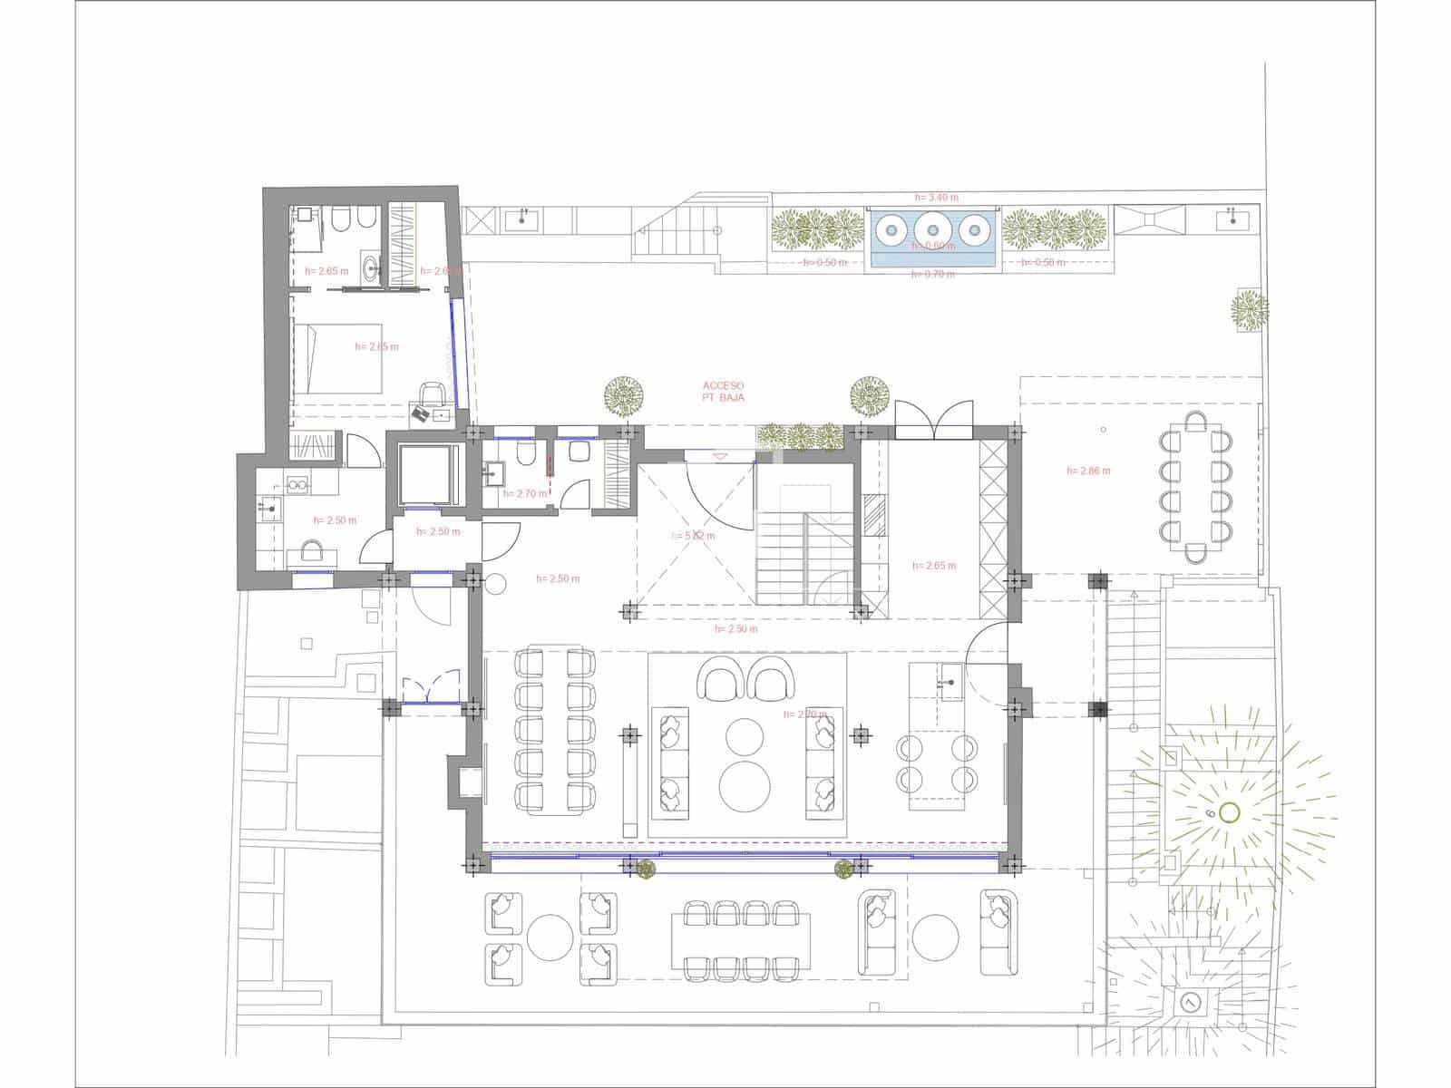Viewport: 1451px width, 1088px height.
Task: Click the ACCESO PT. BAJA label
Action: click(723, 392)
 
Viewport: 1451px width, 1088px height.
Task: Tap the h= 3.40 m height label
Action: click(936, 197)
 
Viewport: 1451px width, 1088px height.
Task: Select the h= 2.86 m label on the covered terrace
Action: click(1088, 471)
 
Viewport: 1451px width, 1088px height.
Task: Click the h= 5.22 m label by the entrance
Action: click(694, 536)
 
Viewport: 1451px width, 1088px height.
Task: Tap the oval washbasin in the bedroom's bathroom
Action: click(370, 267)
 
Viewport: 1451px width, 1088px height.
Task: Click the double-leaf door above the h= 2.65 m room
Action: click(934, 421)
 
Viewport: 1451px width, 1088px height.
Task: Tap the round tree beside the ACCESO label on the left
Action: click(625, 396)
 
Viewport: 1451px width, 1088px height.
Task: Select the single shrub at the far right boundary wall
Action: click(1249, 311)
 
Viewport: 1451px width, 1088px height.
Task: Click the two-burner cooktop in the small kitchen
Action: click(297, 485)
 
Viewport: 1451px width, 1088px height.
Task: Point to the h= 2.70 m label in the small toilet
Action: click(524, 494)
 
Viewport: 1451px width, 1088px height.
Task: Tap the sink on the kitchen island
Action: click(949, 681)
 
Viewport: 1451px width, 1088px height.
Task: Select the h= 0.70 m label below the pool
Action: click(933, 274)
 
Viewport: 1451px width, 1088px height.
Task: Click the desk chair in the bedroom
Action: click(433, 393)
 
